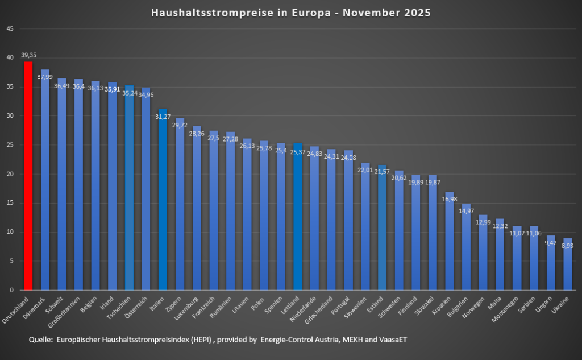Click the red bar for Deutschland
point(28,176)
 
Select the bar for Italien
point(163,199)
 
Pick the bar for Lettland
point(298,216)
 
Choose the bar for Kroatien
point(449,241)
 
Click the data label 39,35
point(28,55)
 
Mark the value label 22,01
point(365,170)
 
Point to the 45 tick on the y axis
point(10,28)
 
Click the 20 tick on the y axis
point(10,174)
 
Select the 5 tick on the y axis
point(11,261)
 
